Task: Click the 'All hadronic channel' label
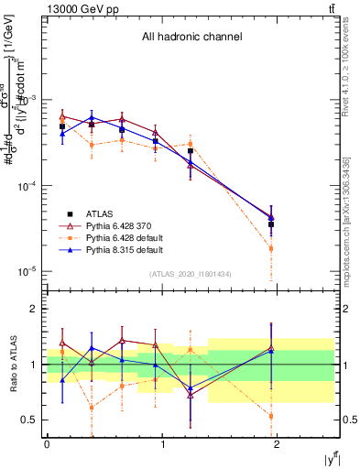pos(191,38)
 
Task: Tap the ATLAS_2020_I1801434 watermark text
pos(191,274)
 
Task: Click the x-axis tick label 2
pos(278,444)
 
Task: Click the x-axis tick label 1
pos(163,444)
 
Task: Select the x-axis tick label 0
pos(47,444)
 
